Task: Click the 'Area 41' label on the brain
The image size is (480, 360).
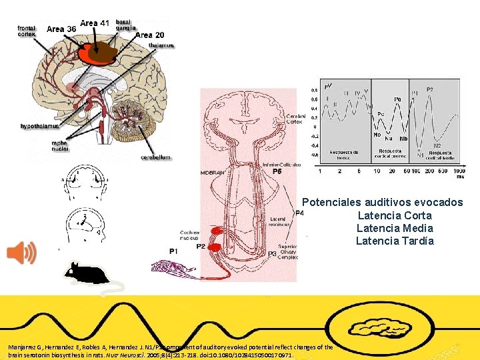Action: coord(95,23)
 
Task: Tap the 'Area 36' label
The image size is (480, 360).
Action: coord(61,29)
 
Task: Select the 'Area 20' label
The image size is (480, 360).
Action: coord(149,35)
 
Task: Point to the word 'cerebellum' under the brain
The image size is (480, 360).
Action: coord(155,157)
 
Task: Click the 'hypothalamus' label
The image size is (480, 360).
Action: coord(39,125)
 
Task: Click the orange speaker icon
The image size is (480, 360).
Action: coord(22,253)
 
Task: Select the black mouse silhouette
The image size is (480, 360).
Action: coord(87,273)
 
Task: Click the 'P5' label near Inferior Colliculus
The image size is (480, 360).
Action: coord(277,171)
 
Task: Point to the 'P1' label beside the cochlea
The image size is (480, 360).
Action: coord(173,251)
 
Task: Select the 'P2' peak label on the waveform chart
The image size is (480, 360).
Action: coord(430,89)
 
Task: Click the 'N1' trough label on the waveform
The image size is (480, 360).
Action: coord(421,153)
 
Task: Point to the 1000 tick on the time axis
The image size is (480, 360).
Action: coord(459,173)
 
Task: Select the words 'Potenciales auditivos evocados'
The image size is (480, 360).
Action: coord(382,202)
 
